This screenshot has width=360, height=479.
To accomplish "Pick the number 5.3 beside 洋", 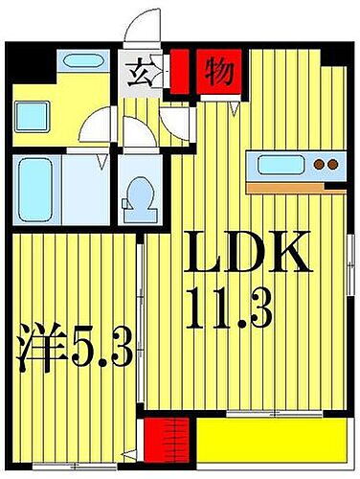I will [101, 351].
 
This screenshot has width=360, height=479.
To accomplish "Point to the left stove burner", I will [320, 165].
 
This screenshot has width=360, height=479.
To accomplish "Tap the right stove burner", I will [332, 165].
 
